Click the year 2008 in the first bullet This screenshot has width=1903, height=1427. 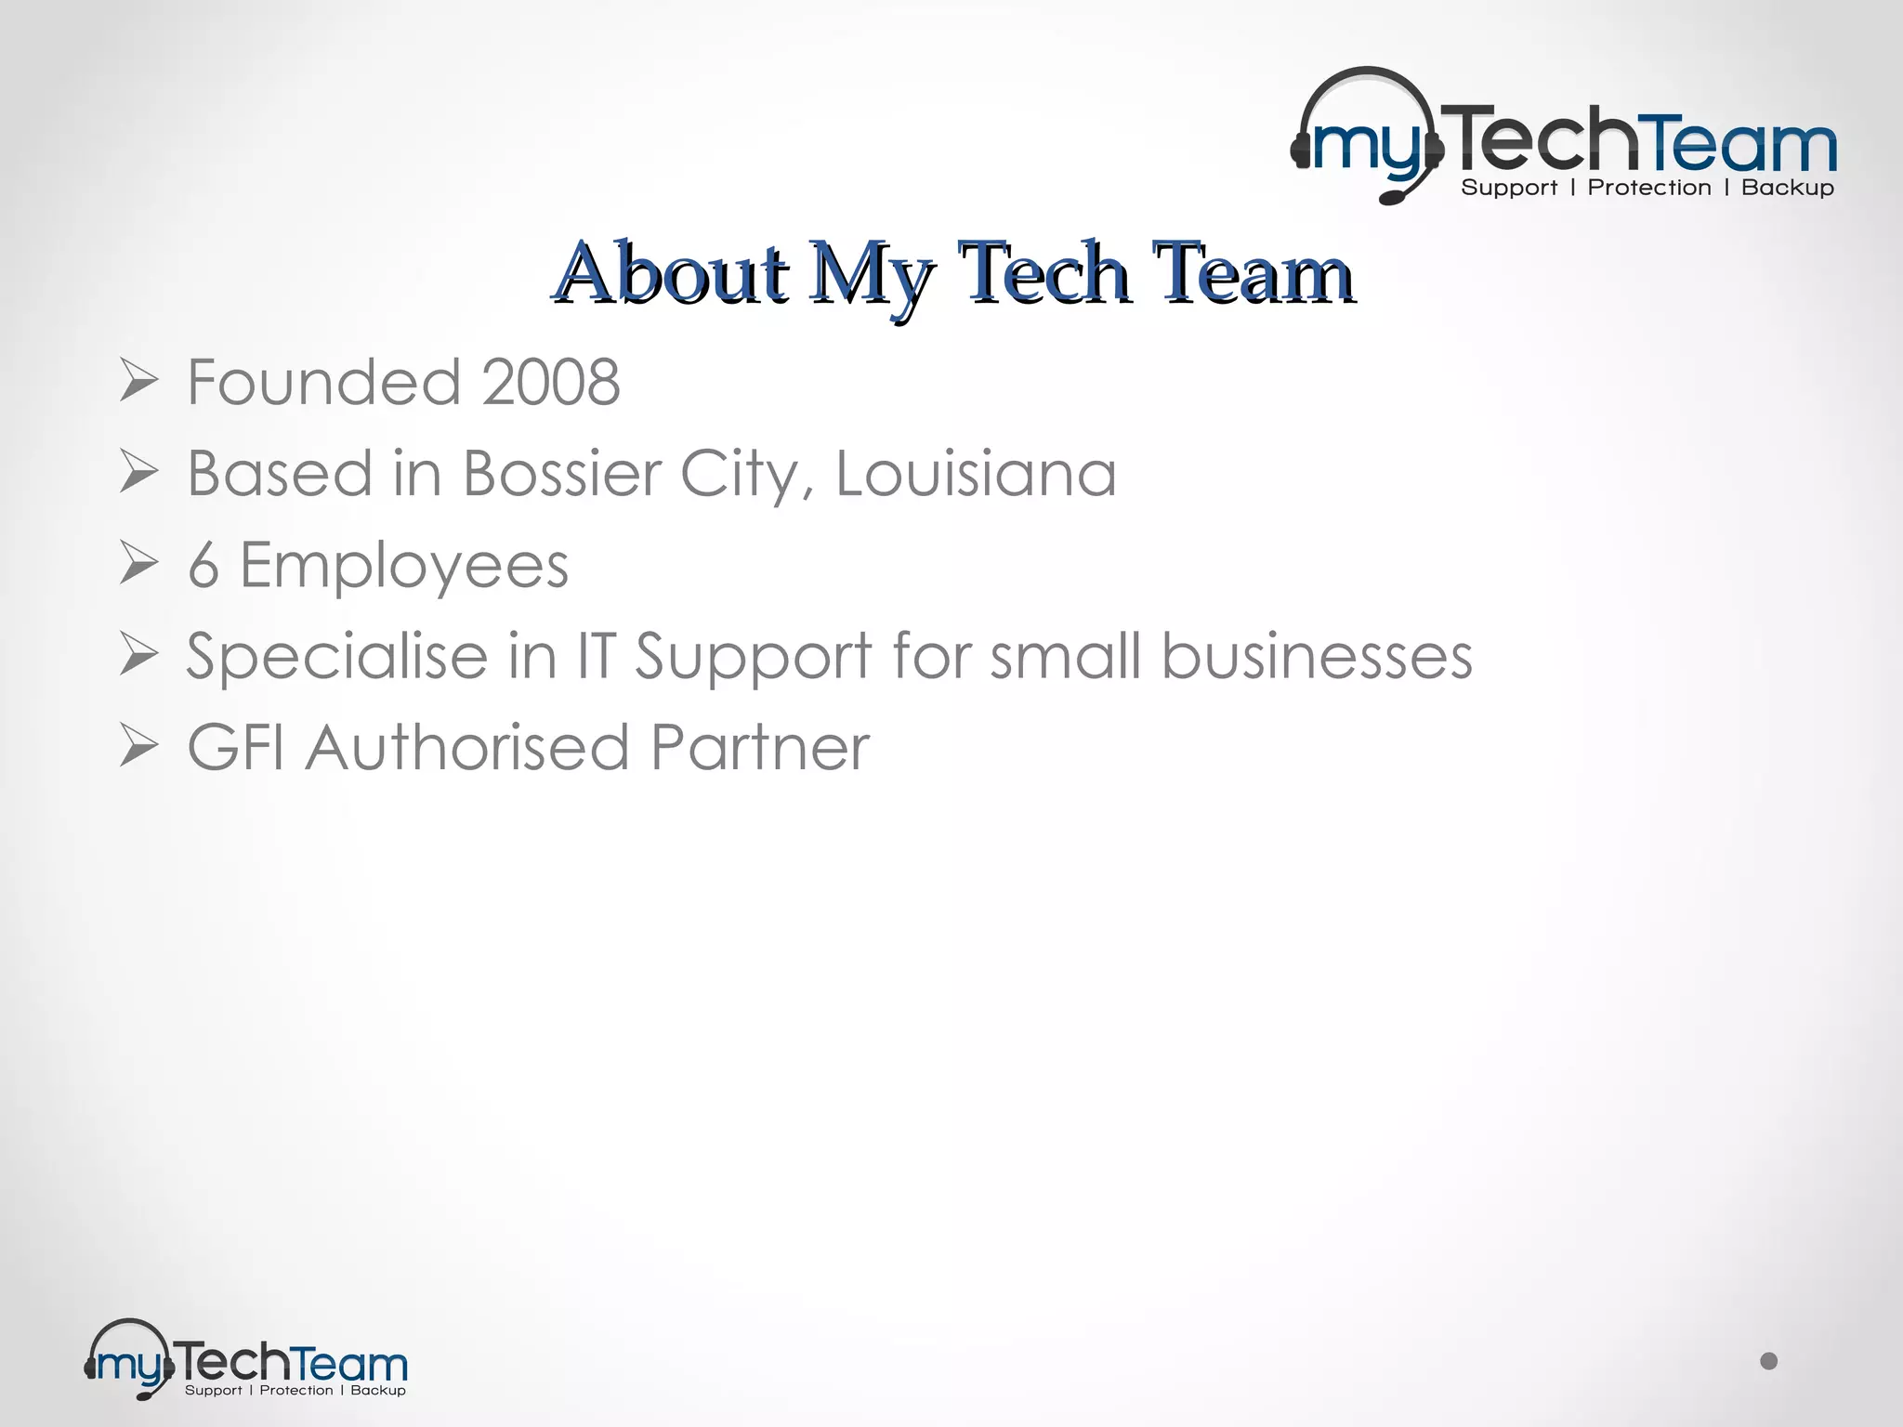click(x=551, y=382)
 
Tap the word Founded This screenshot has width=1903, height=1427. click(x=324, y=382)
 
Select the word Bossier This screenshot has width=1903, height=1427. click(x=561, y=473)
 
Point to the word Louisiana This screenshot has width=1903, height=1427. click(x=976, y=473)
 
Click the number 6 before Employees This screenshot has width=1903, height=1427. click(x=203, y=565)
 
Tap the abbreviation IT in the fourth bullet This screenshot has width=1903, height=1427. click(x=597, y=656)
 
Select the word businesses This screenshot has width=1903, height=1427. click(x=1317, y=656)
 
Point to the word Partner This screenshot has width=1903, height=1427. click(x=759, y=748)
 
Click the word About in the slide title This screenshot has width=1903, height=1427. click(x=672, y=273)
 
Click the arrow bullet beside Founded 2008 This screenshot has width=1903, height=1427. click(x=138, y=382)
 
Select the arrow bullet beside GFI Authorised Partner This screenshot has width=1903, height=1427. click(x=138, y=748)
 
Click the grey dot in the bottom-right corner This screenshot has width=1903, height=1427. click(x=1769, y=1361)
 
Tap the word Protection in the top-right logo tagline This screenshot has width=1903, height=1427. click(x=1649, y=188)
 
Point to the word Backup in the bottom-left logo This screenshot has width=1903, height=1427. click(x=378, y=1391)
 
